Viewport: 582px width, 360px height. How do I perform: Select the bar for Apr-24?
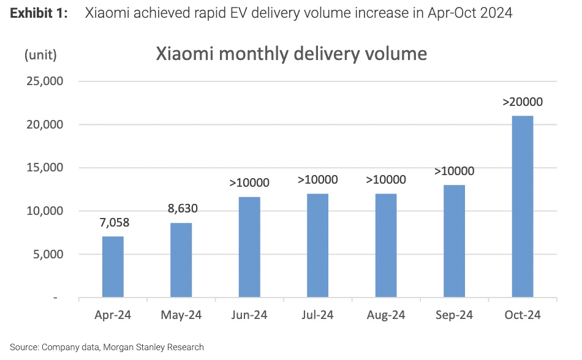tap(113, 267)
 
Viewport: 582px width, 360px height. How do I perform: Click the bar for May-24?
tap(181, 260)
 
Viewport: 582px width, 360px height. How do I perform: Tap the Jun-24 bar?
tap(249, 247)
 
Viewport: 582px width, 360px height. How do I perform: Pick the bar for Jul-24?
tap(317, 246)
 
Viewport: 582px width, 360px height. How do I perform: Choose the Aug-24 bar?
tap(386, 246)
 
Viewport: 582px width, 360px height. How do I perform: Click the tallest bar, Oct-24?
tap(523, 207)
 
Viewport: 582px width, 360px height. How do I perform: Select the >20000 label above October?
tap(523, 102)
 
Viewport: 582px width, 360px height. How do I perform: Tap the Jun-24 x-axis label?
tap(249, 315)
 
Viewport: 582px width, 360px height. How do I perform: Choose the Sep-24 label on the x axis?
tap(454, 315)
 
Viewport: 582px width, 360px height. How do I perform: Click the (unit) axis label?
tap(40, 54)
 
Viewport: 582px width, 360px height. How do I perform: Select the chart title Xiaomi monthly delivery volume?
tap(291, 54)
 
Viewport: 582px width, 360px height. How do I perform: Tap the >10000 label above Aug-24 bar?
tap(386, 179)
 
